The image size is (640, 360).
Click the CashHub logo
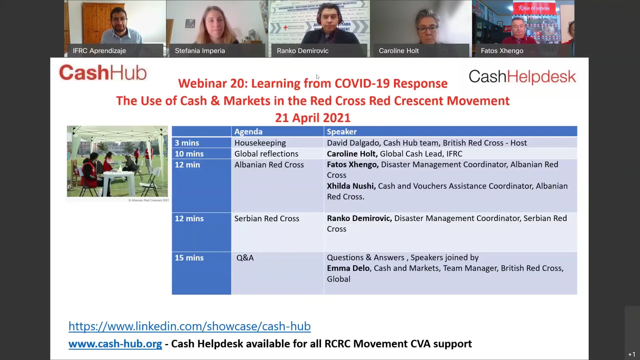click(103, 73)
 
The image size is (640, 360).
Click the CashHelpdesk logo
click(522, 77)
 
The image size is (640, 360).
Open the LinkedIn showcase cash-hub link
click(189, 326)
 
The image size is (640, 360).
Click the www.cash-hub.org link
click(115, 344)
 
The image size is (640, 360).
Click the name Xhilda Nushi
click(351, 186)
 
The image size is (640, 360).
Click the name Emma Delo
click(348, 268)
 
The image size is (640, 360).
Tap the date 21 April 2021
click(313, 118)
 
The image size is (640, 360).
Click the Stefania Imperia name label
click(200, 51)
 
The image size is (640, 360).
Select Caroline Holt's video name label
click(399, 51)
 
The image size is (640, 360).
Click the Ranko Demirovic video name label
click(302, 51)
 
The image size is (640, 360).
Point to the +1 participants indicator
click(632, 354)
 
